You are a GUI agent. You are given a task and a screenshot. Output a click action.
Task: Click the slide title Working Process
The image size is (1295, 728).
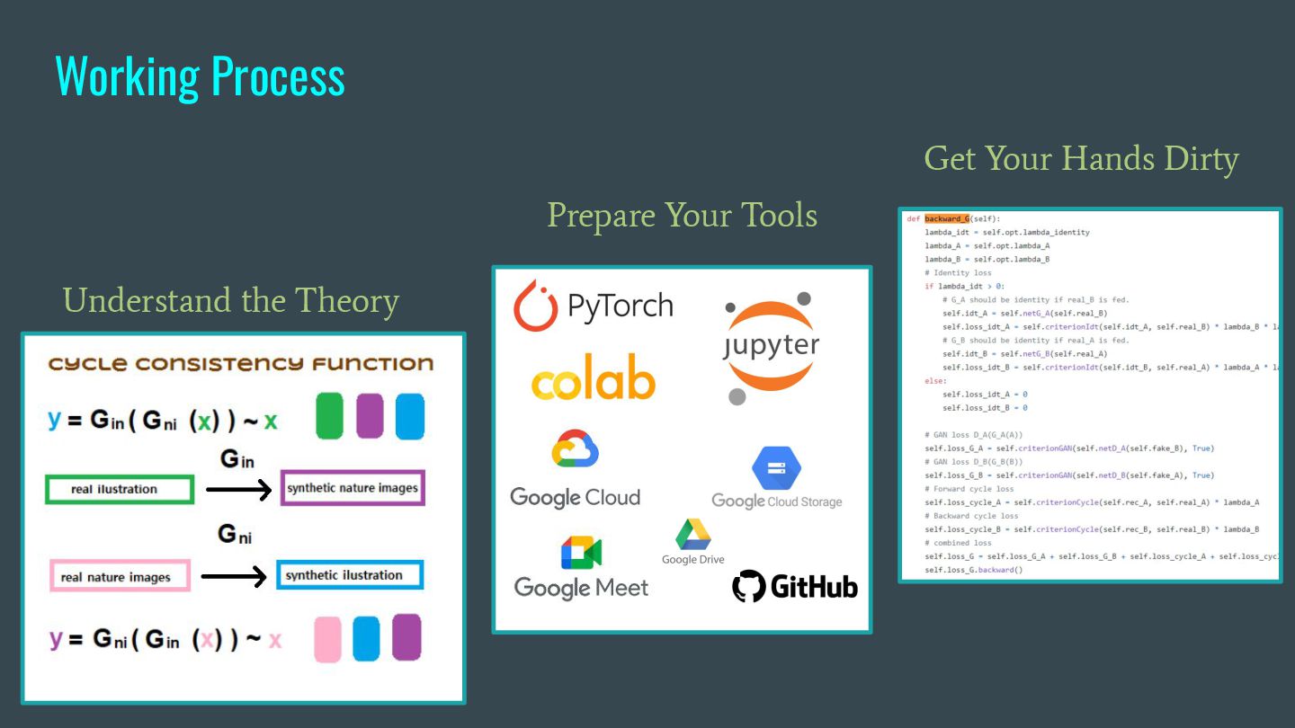click(200, 76)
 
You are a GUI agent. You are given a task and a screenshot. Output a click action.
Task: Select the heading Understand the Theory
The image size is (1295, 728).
click(231, 300)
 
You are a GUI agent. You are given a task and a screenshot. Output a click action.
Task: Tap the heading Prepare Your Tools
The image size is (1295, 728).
click(682, 216)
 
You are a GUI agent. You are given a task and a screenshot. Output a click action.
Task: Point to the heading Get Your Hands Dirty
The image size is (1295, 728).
click(1081, 158)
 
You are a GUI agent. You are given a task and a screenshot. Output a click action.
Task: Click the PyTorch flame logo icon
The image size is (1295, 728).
click(534, 306)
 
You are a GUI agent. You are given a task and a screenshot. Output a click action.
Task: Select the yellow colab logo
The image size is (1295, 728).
click(593, 382)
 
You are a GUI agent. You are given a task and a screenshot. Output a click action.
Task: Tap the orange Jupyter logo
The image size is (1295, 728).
click(771, 347)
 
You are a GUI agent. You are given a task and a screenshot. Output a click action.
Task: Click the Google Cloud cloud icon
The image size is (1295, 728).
click(576, 449)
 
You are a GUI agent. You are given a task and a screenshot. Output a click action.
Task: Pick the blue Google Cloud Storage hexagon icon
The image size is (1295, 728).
click(770, 467)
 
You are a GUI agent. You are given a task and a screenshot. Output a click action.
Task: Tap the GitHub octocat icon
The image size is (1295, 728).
click(749, 586)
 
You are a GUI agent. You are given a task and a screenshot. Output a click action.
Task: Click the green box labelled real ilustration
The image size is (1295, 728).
click(119, 490)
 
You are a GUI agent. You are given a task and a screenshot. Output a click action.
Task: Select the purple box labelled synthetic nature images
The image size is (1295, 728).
click(352, 488)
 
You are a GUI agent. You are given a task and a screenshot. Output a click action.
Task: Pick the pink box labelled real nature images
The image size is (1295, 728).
click(119, 577)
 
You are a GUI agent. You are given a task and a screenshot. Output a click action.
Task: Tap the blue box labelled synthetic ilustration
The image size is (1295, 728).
click(349, 575)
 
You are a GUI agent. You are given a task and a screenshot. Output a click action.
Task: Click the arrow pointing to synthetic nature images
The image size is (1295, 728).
click(237, 490)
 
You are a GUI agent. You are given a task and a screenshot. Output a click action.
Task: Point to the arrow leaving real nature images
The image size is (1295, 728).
click(234, 576)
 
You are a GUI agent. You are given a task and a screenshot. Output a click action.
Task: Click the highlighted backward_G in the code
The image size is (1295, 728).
click(947, 218)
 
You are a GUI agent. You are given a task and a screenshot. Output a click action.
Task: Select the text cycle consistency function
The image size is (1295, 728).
click(240, 364)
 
